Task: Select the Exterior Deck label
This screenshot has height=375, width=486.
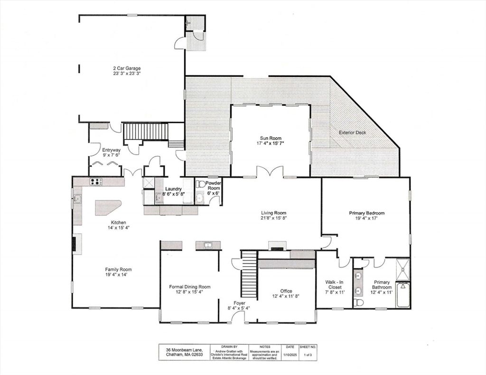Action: click(x=353, y=133)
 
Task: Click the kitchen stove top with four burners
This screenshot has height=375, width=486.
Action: click(x=96, y=182)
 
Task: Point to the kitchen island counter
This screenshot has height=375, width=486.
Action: click(x=107, y=208)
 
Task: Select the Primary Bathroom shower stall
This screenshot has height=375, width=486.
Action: click(x=403, y=269)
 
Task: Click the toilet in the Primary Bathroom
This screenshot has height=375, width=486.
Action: click(x=358, y=302)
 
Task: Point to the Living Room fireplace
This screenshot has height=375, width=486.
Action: click(x=277, y=246)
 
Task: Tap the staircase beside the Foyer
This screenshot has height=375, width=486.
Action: click(x=250, y=274)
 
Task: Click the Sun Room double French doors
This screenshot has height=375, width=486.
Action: click(x=270, y=171)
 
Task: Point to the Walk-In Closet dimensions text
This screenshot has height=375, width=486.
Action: click(x=335, y=292)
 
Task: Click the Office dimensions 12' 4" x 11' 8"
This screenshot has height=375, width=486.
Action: click(x=286, y=296)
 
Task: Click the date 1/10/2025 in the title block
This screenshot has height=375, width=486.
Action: click(x=290, y=355)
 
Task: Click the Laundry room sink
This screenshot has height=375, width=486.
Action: click(x=159, y=198)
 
